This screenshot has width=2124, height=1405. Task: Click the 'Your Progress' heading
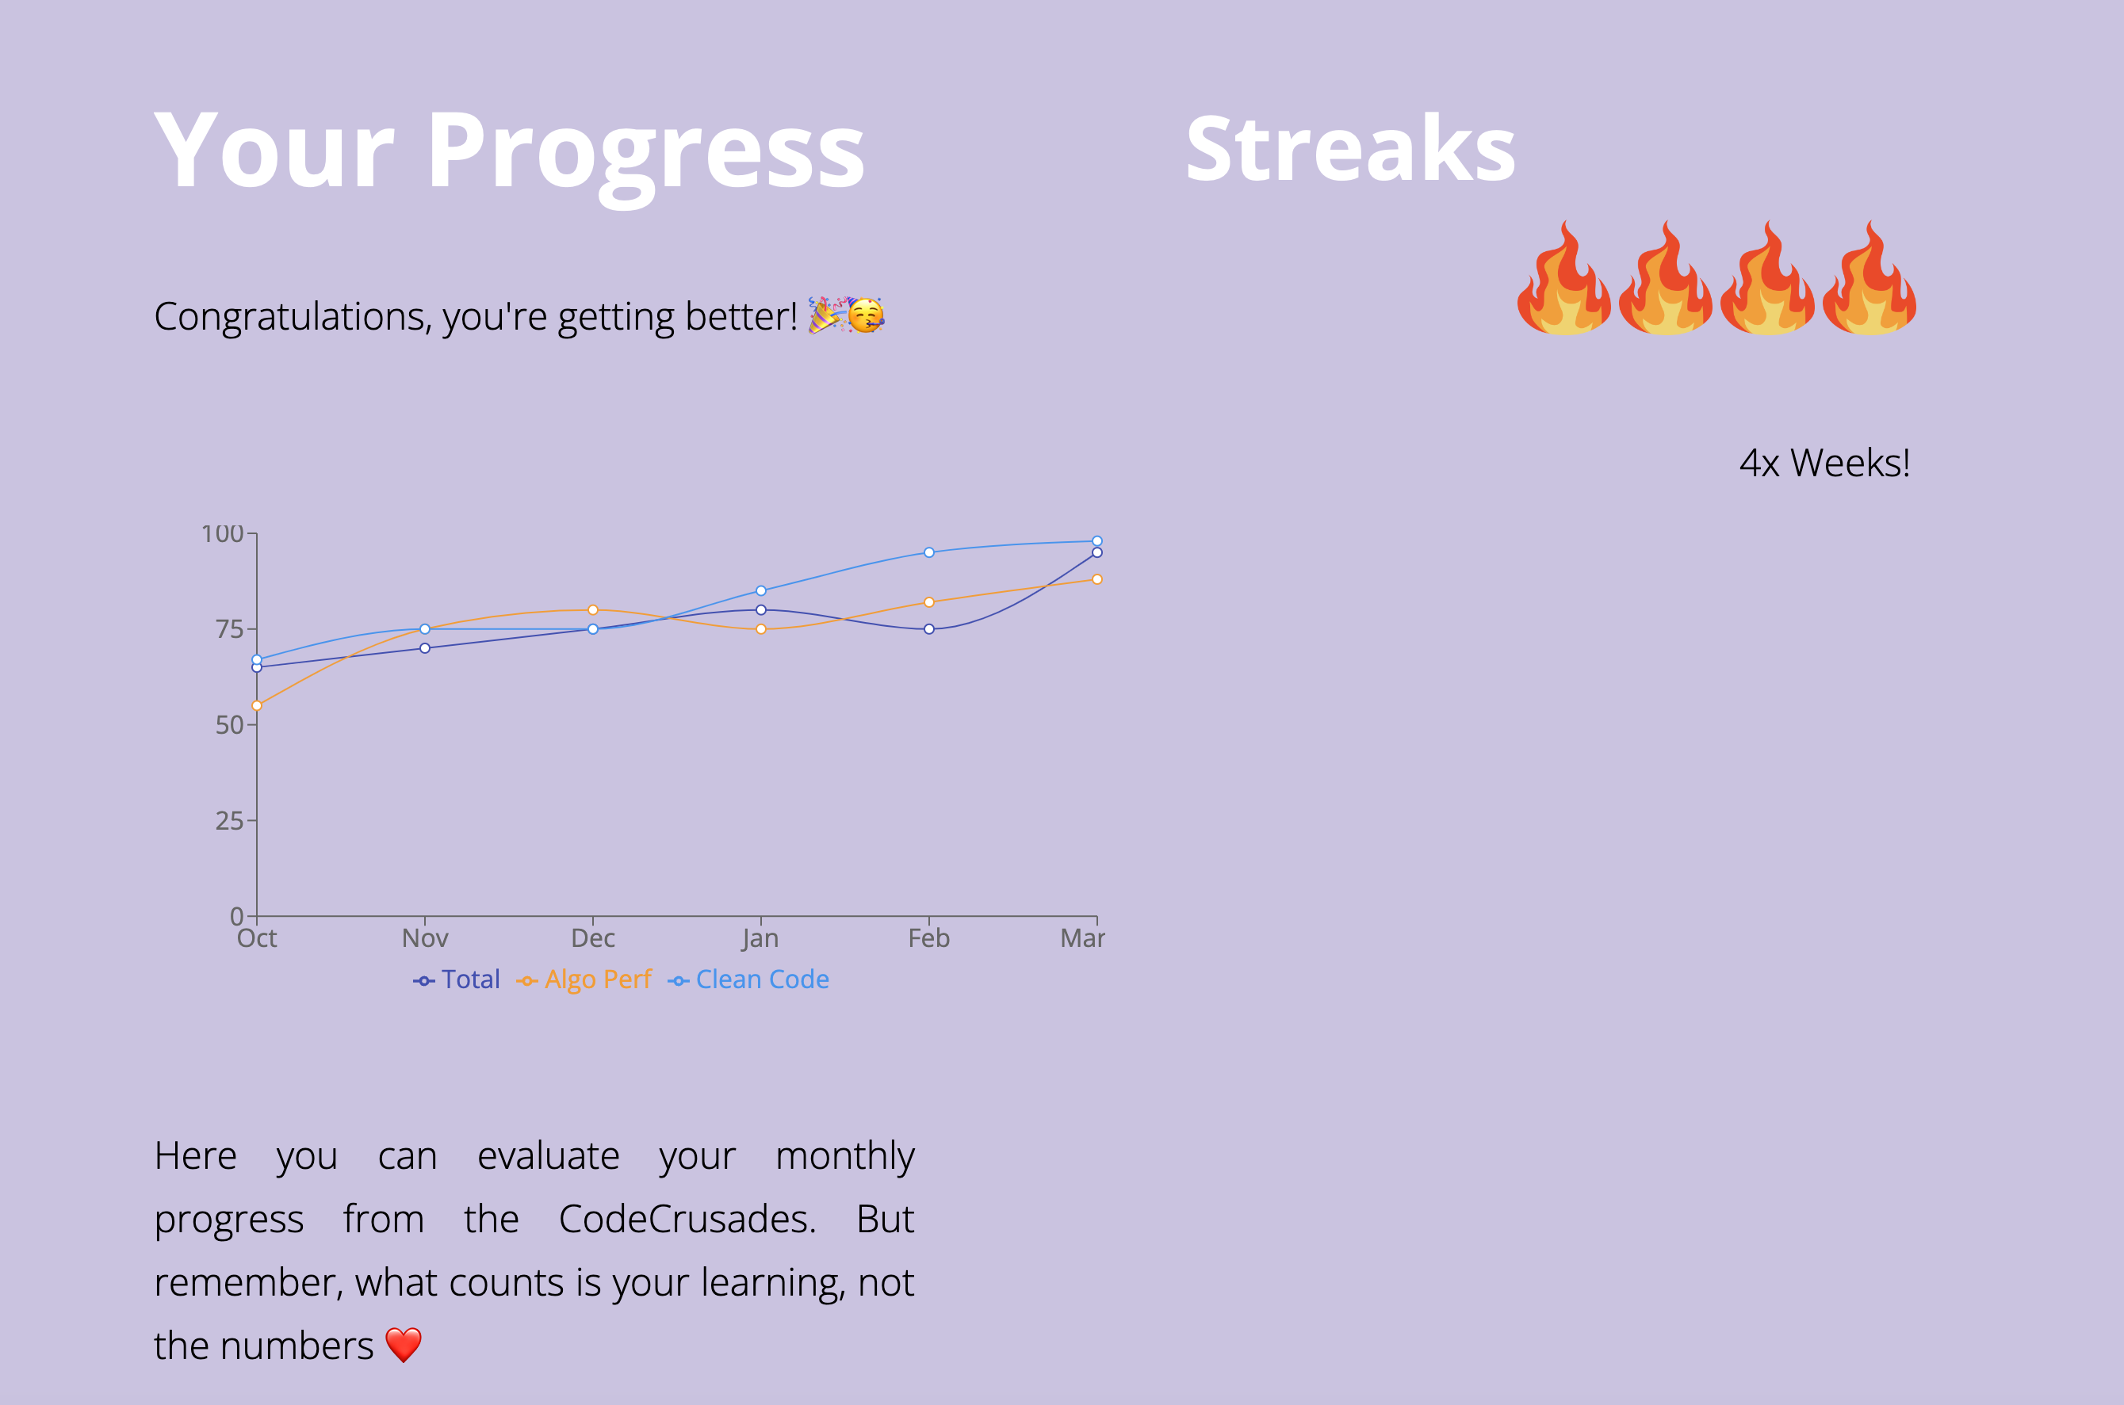(509, 152)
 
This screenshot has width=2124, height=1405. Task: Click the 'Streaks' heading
(1349, 149)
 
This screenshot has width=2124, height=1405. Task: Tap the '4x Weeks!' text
(1824, 464)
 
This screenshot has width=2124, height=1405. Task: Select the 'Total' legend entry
(456, 979)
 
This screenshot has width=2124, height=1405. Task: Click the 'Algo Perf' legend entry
(584, 979)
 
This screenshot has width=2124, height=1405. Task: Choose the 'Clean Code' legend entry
(748, 979)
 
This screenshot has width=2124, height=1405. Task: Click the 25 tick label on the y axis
(229, 821)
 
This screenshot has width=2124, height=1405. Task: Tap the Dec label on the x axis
(593, 938)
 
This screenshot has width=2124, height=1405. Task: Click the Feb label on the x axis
(928, 938)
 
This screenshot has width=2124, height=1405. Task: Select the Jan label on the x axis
(760, 938)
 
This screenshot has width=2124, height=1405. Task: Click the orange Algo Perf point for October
(257, 706)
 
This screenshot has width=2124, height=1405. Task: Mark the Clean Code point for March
(1097, 541)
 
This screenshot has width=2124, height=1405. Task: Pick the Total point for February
(929, 629)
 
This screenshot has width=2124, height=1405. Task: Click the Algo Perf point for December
(593, 610)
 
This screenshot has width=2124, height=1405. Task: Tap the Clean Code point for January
(761, 590)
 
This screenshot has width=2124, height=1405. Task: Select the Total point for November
(425, 648)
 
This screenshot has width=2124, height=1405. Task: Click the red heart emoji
(404, 1345)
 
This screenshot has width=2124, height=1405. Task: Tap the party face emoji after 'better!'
(866, 315)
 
